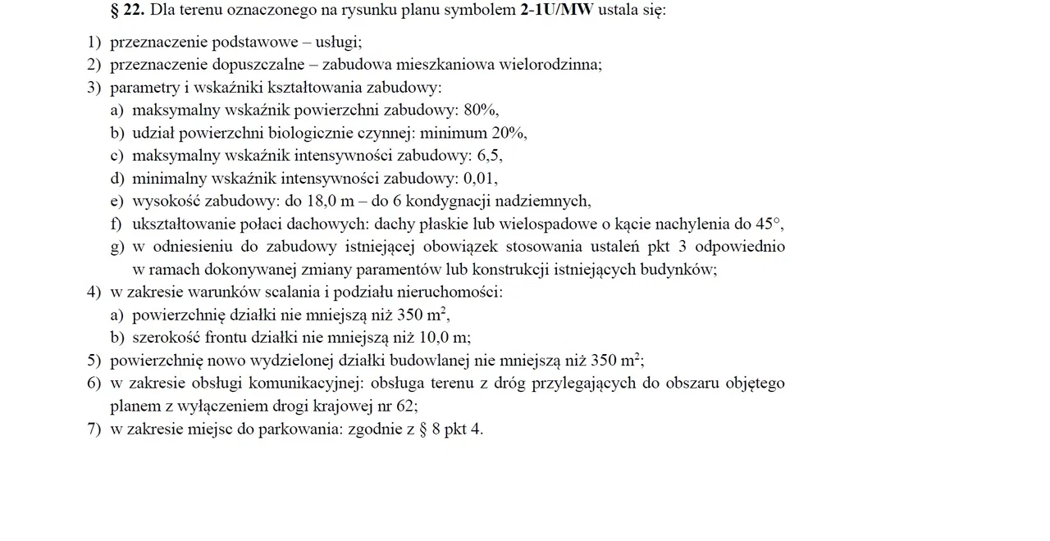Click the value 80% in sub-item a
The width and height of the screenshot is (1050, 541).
point(480,110)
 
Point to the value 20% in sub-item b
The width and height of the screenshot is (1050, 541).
point(508,133)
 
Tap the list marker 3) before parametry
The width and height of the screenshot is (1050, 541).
point(94,88)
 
